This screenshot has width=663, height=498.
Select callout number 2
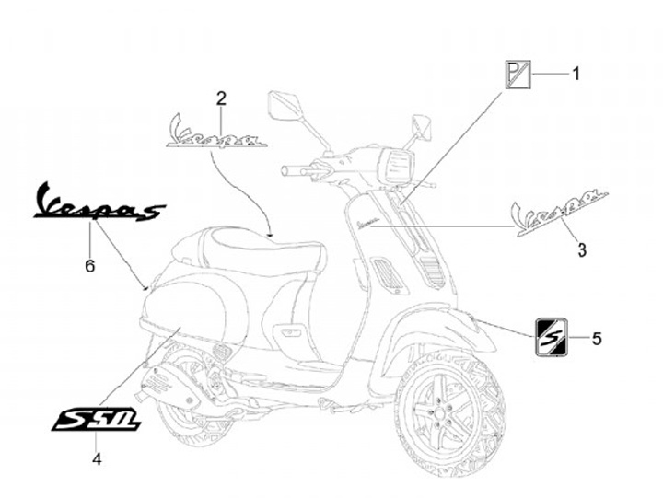coord(221,99)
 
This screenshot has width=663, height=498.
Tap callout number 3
coord(581,249)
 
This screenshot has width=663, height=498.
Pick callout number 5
coord(596,339)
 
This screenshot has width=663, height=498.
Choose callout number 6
coord(89,265)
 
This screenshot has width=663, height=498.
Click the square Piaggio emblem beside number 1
coord(516,74)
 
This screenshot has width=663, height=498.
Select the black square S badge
coord(552,335)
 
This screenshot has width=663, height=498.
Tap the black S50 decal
coord(97,420)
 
